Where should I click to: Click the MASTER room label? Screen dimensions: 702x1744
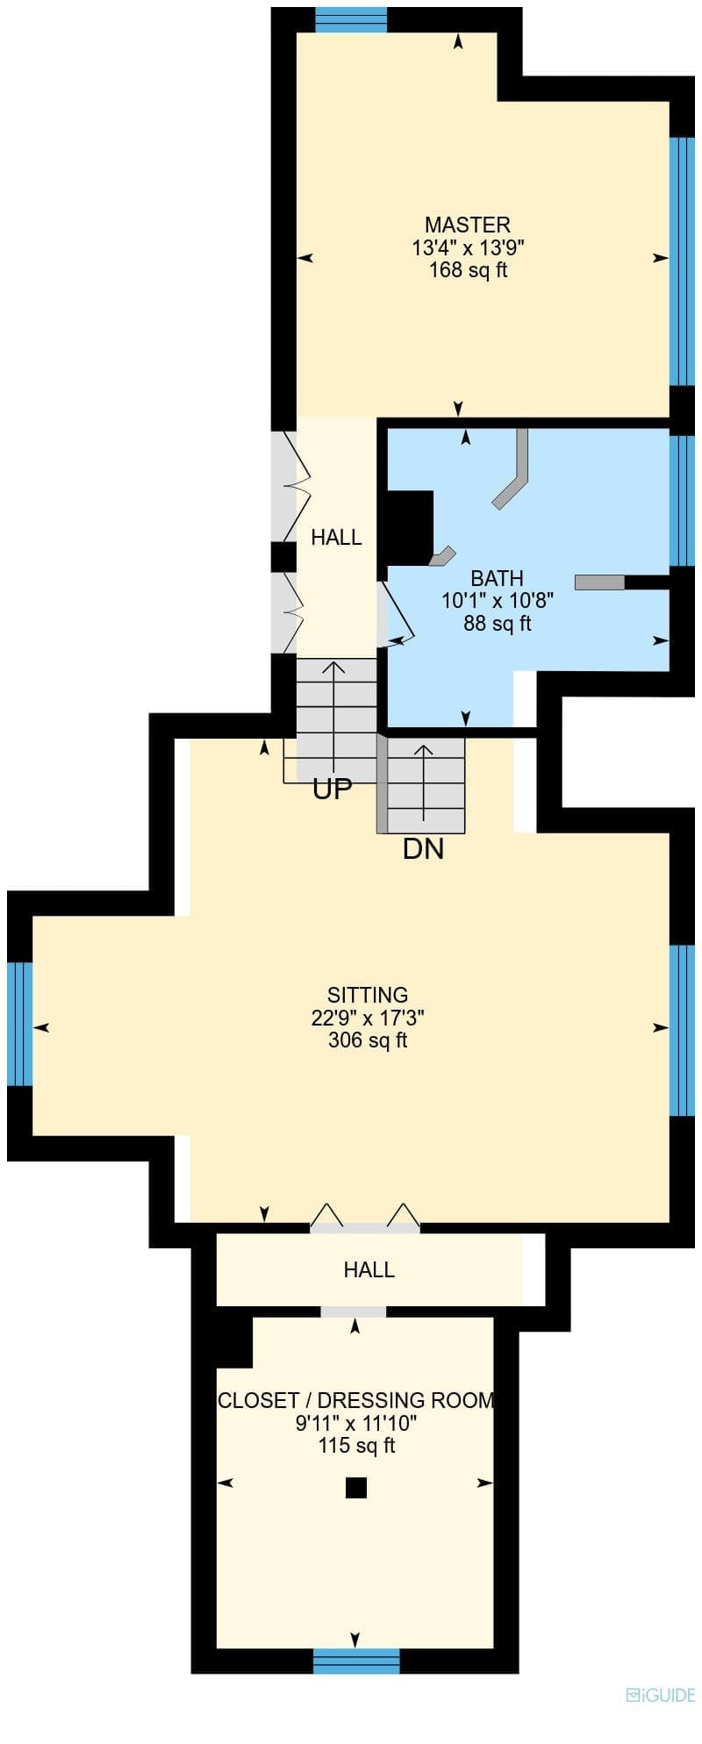pyautogui.click(x=468, y=225)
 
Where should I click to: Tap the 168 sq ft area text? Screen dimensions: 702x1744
pyautogui.click(x=468, y=270)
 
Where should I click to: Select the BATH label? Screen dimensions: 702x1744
pyautogui.click(x=498, y=578)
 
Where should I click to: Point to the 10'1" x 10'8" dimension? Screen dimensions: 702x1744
pyautogui.click(x=498, y=601)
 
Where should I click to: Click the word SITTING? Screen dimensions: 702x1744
pyautogui.click(x=368, y=995)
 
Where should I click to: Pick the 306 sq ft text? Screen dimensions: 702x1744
pyautogui.click(x=368, y=1040)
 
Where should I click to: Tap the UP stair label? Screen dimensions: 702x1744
pyautogui.click(x=333, y=790)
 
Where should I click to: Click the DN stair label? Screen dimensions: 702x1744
pyautogui.click(x=423, y=848)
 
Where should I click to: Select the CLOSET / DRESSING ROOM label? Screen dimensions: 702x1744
pyautogui.click(x=356, y=1400)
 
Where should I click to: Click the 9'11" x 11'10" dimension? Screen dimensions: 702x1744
pyautogui.click(x=356, y=1423)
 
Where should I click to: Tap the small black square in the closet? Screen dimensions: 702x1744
pyautogui.click(x=355, y=1487)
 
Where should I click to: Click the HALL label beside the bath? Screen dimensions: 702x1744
pyautogui.click(x=336, y=537)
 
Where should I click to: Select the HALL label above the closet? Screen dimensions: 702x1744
pyautogui.click(x=369, y=1269)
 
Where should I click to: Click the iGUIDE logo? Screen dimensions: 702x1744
pyautogui.click(x=660, y=1696)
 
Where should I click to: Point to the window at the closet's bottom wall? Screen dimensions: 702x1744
pyautogui.click(x=356, y=1662)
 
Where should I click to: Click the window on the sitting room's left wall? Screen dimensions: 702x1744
pyautogui.click(x=19, y=1025)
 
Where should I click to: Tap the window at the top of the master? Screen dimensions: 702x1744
pyautogui.click(x=351, y=19)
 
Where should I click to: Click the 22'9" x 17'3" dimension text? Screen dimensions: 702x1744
pyautogui.click(x=368, y=1018)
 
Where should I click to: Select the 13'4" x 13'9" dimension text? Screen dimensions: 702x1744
pyautogui.click(x=468, y=247)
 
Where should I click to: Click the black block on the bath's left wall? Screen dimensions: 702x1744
pyautogui.click(x=410, y=527)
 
